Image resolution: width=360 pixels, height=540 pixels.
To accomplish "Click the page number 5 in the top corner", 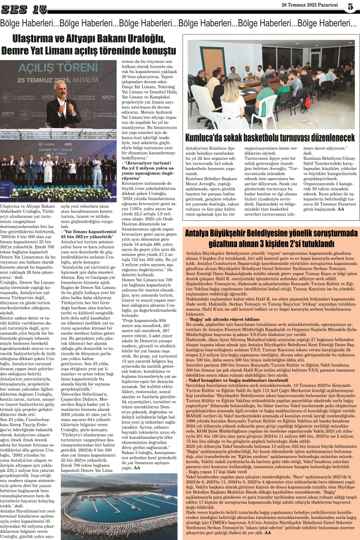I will point(350,6).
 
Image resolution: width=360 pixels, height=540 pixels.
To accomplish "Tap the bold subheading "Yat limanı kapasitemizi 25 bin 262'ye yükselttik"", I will point(89,234).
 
